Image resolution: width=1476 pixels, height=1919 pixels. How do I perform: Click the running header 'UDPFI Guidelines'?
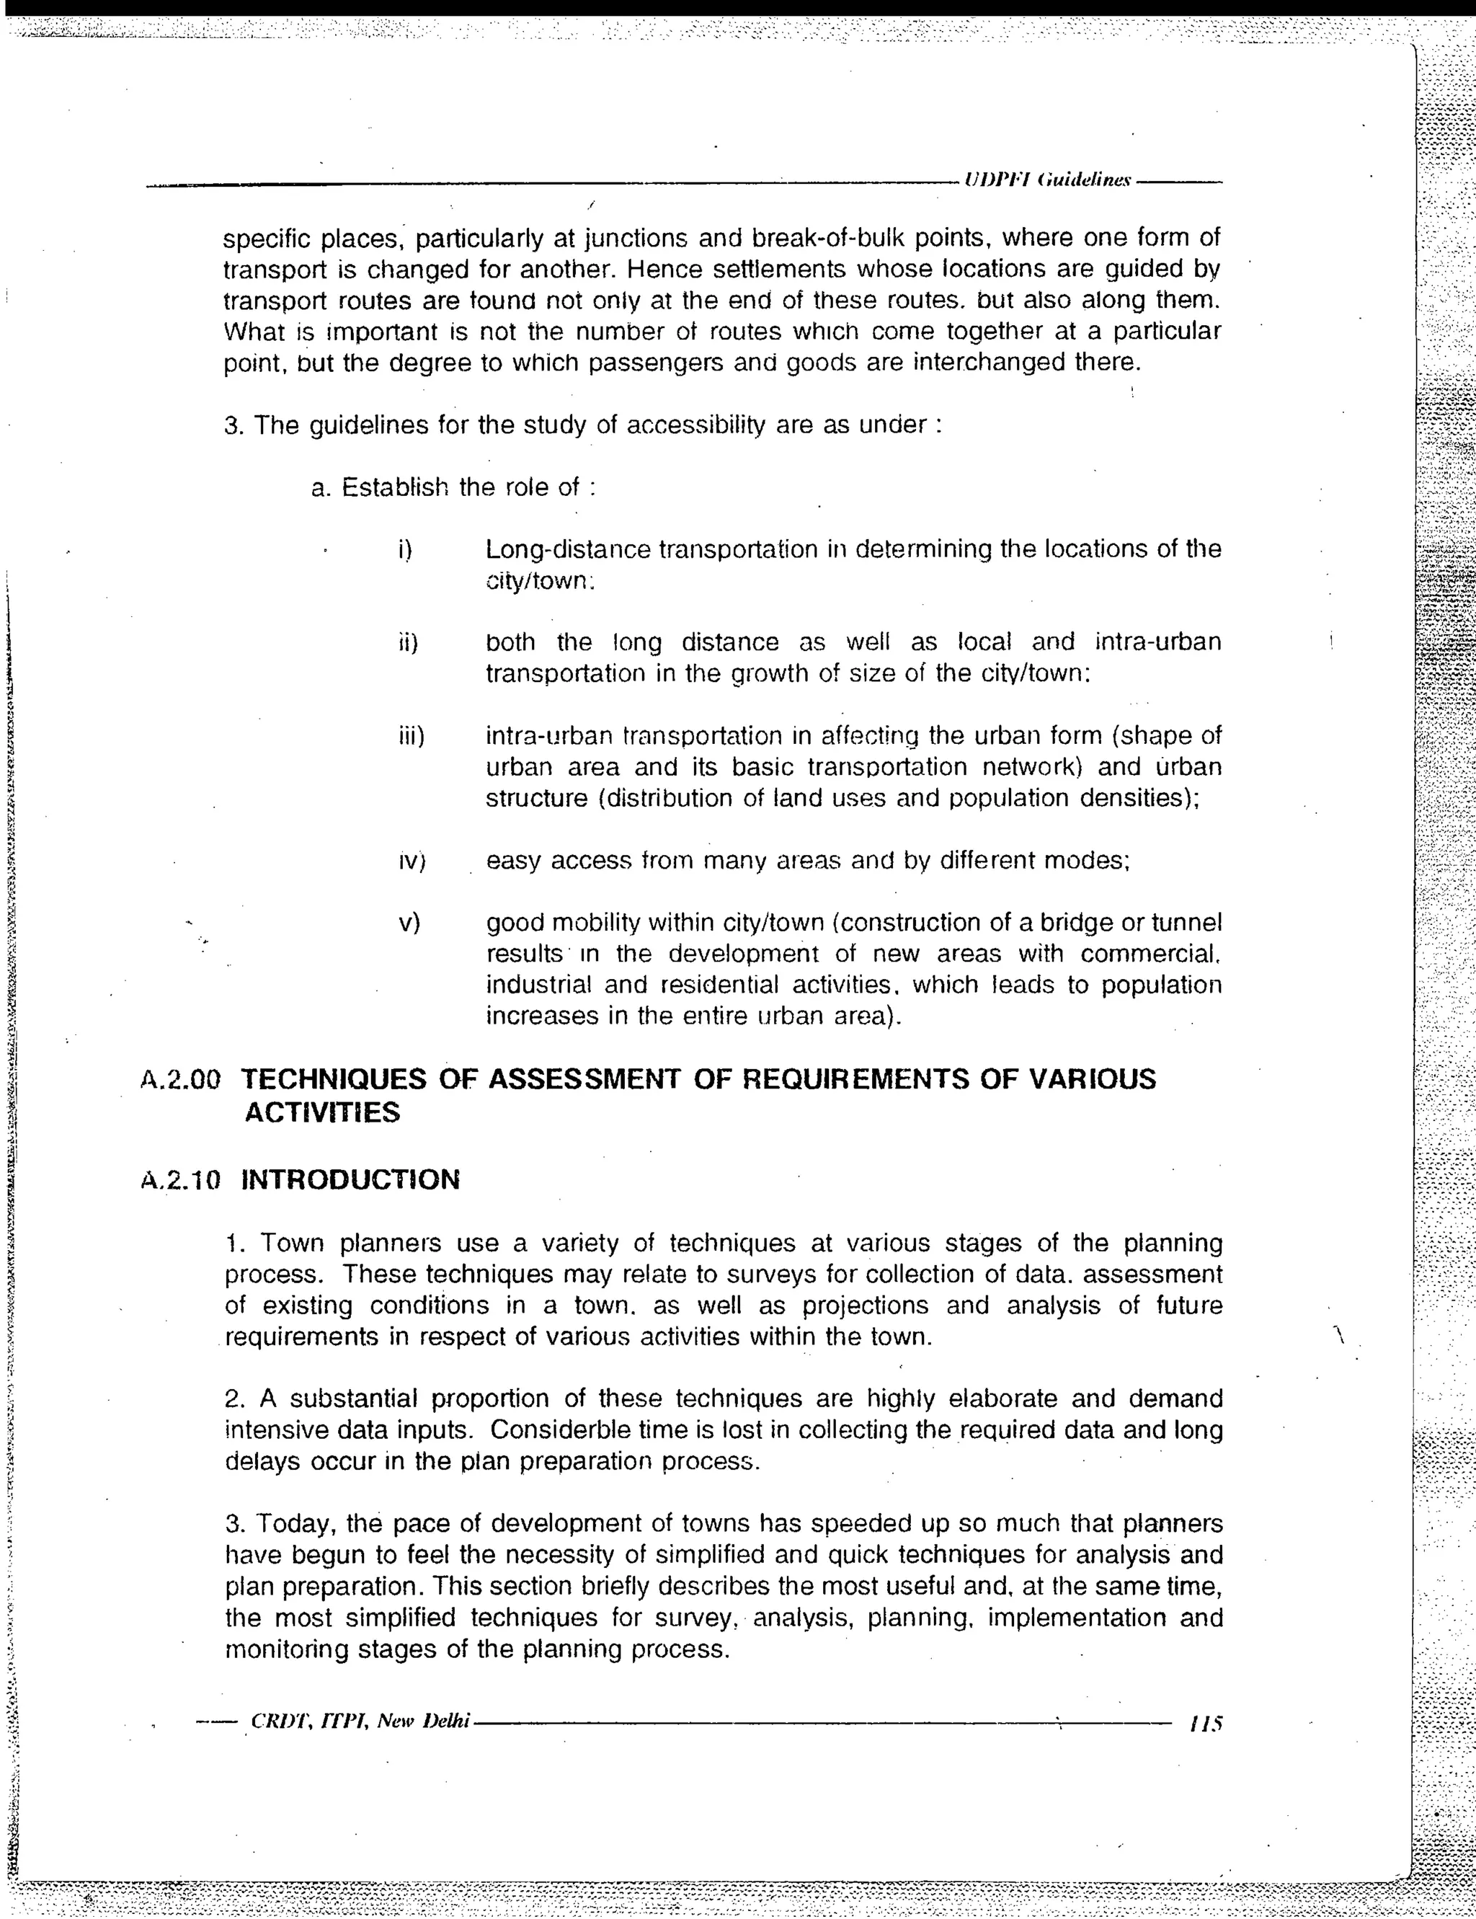pyautogui.click(x=1046, y=180)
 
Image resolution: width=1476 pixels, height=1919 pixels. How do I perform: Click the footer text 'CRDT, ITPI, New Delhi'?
pyautogui.click(x=361, y=1721)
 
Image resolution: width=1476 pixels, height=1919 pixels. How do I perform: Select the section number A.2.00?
pyautogui.click(x=180, y=1080)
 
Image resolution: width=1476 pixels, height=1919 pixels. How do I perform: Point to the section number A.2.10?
pyautogui.click(x=180, y=1180)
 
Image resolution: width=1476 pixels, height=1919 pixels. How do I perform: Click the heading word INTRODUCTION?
pyautogui.click(x=350, y=1179)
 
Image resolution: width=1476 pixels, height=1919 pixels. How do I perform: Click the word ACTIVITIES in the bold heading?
pyautogui.click(x=321, y=1112)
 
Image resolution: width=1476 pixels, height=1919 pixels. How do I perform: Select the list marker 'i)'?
pyautogui.click(x=405, y=550)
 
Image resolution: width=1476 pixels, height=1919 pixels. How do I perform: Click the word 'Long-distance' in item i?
pyautogui.click(x=568, y=550)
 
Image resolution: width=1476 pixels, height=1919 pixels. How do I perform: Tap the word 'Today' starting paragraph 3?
pyautogui.click(x=293, y=1524)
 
